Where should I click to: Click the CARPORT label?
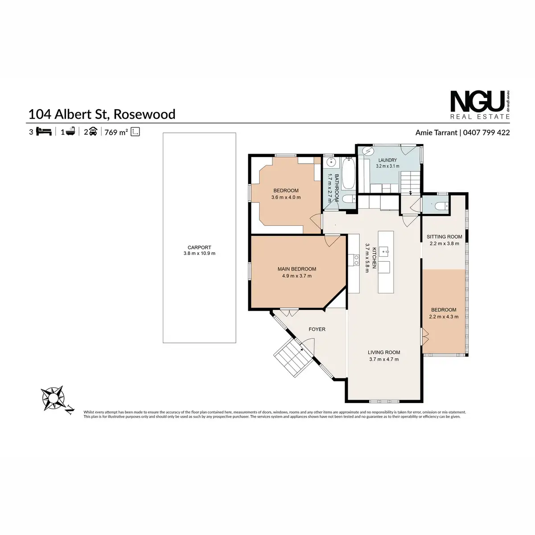199,247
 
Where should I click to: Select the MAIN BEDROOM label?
297,269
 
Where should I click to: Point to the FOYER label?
317,329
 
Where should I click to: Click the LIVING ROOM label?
384,352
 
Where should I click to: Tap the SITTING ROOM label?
444,237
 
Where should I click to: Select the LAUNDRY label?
387,160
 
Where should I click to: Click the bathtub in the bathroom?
348,174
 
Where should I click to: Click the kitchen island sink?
385,252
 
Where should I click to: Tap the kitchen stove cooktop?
355,260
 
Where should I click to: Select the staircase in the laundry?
410,182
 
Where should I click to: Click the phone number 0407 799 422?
486,133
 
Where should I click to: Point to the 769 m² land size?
116,132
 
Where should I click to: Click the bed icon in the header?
44,132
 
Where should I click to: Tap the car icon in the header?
93,132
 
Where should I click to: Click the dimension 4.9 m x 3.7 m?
297,276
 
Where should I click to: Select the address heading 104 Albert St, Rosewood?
102,114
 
